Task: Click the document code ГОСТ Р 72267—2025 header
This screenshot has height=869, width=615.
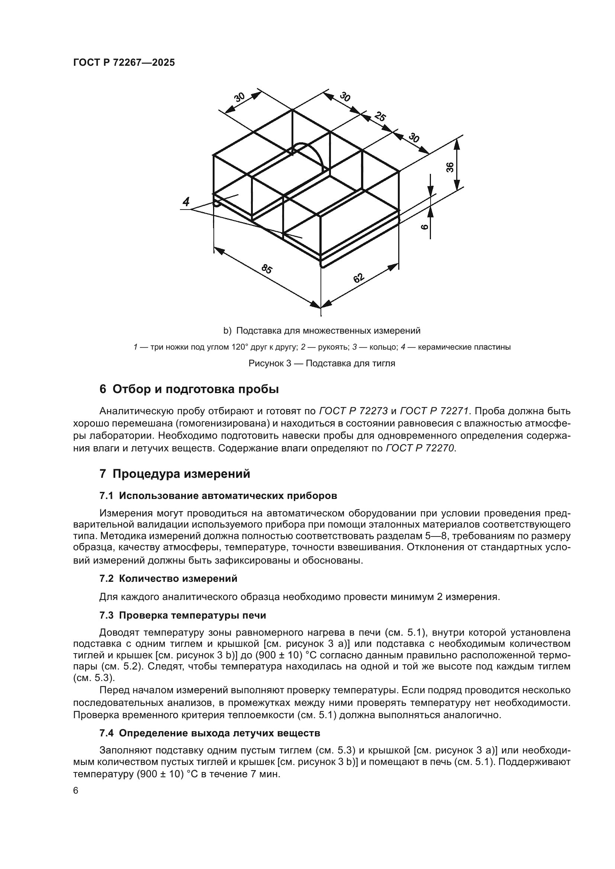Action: click(x=124, y=63)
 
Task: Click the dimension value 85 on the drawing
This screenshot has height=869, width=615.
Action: click(x=267, y=269)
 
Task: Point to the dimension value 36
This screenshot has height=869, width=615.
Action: click(x=450, y=167)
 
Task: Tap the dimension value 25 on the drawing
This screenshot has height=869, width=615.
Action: click(x=380, y=116)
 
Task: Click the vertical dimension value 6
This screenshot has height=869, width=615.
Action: click(x=425, y=227)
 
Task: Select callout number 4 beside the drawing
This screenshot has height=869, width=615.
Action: click(x=186, y=201)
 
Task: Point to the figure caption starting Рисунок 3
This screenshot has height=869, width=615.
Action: click(x=322, y=363)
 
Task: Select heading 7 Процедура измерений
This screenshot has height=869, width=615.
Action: click(x=175, y=474)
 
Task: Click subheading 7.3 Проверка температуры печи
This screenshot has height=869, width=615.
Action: click(x=183, y=615)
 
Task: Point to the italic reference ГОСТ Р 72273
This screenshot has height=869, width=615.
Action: click(x=353, y=411)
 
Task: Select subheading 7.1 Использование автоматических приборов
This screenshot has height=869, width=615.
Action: click(x=218, y=496)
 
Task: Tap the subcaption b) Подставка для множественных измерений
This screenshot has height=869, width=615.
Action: click(x=322, y=331)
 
